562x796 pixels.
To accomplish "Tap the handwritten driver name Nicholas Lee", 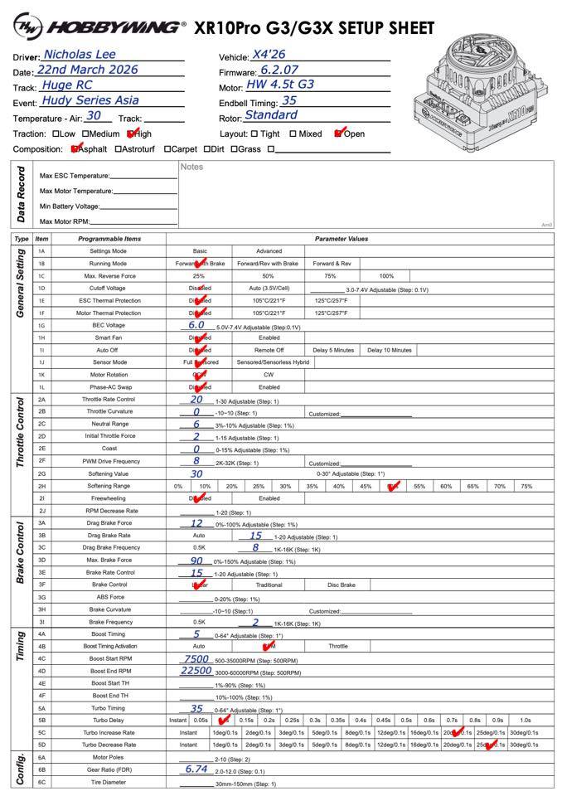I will coord(80,54).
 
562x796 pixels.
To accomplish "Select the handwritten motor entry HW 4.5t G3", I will coord(280,85).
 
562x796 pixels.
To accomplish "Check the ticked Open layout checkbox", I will coord(338,133).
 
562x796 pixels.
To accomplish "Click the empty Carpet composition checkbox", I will coord(167,149).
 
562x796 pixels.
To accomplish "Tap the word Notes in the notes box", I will coord(191,167).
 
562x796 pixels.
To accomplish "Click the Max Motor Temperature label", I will coord(75,191).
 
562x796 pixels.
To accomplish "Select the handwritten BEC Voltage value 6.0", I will coord(196,325).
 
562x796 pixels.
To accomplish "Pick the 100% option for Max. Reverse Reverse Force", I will coord(386,275).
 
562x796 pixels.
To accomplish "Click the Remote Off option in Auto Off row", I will coord(269,350).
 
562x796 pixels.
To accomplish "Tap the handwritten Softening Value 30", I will coord(196,473).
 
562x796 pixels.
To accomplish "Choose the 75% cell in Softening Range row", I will coord(526,486).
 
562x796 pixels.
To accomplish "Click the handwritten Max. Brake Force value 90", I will coord(196,560).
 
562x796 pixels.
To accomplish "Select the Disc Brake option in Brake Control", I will coord(341,585).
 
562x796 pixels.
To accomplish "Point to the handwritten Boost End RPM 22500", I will coord(196,671).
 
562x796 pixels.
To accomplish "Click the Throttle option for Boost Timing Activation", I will coord(338,646).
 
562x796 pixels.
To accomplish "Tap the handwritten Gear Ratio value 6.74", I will coord(196,769).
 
